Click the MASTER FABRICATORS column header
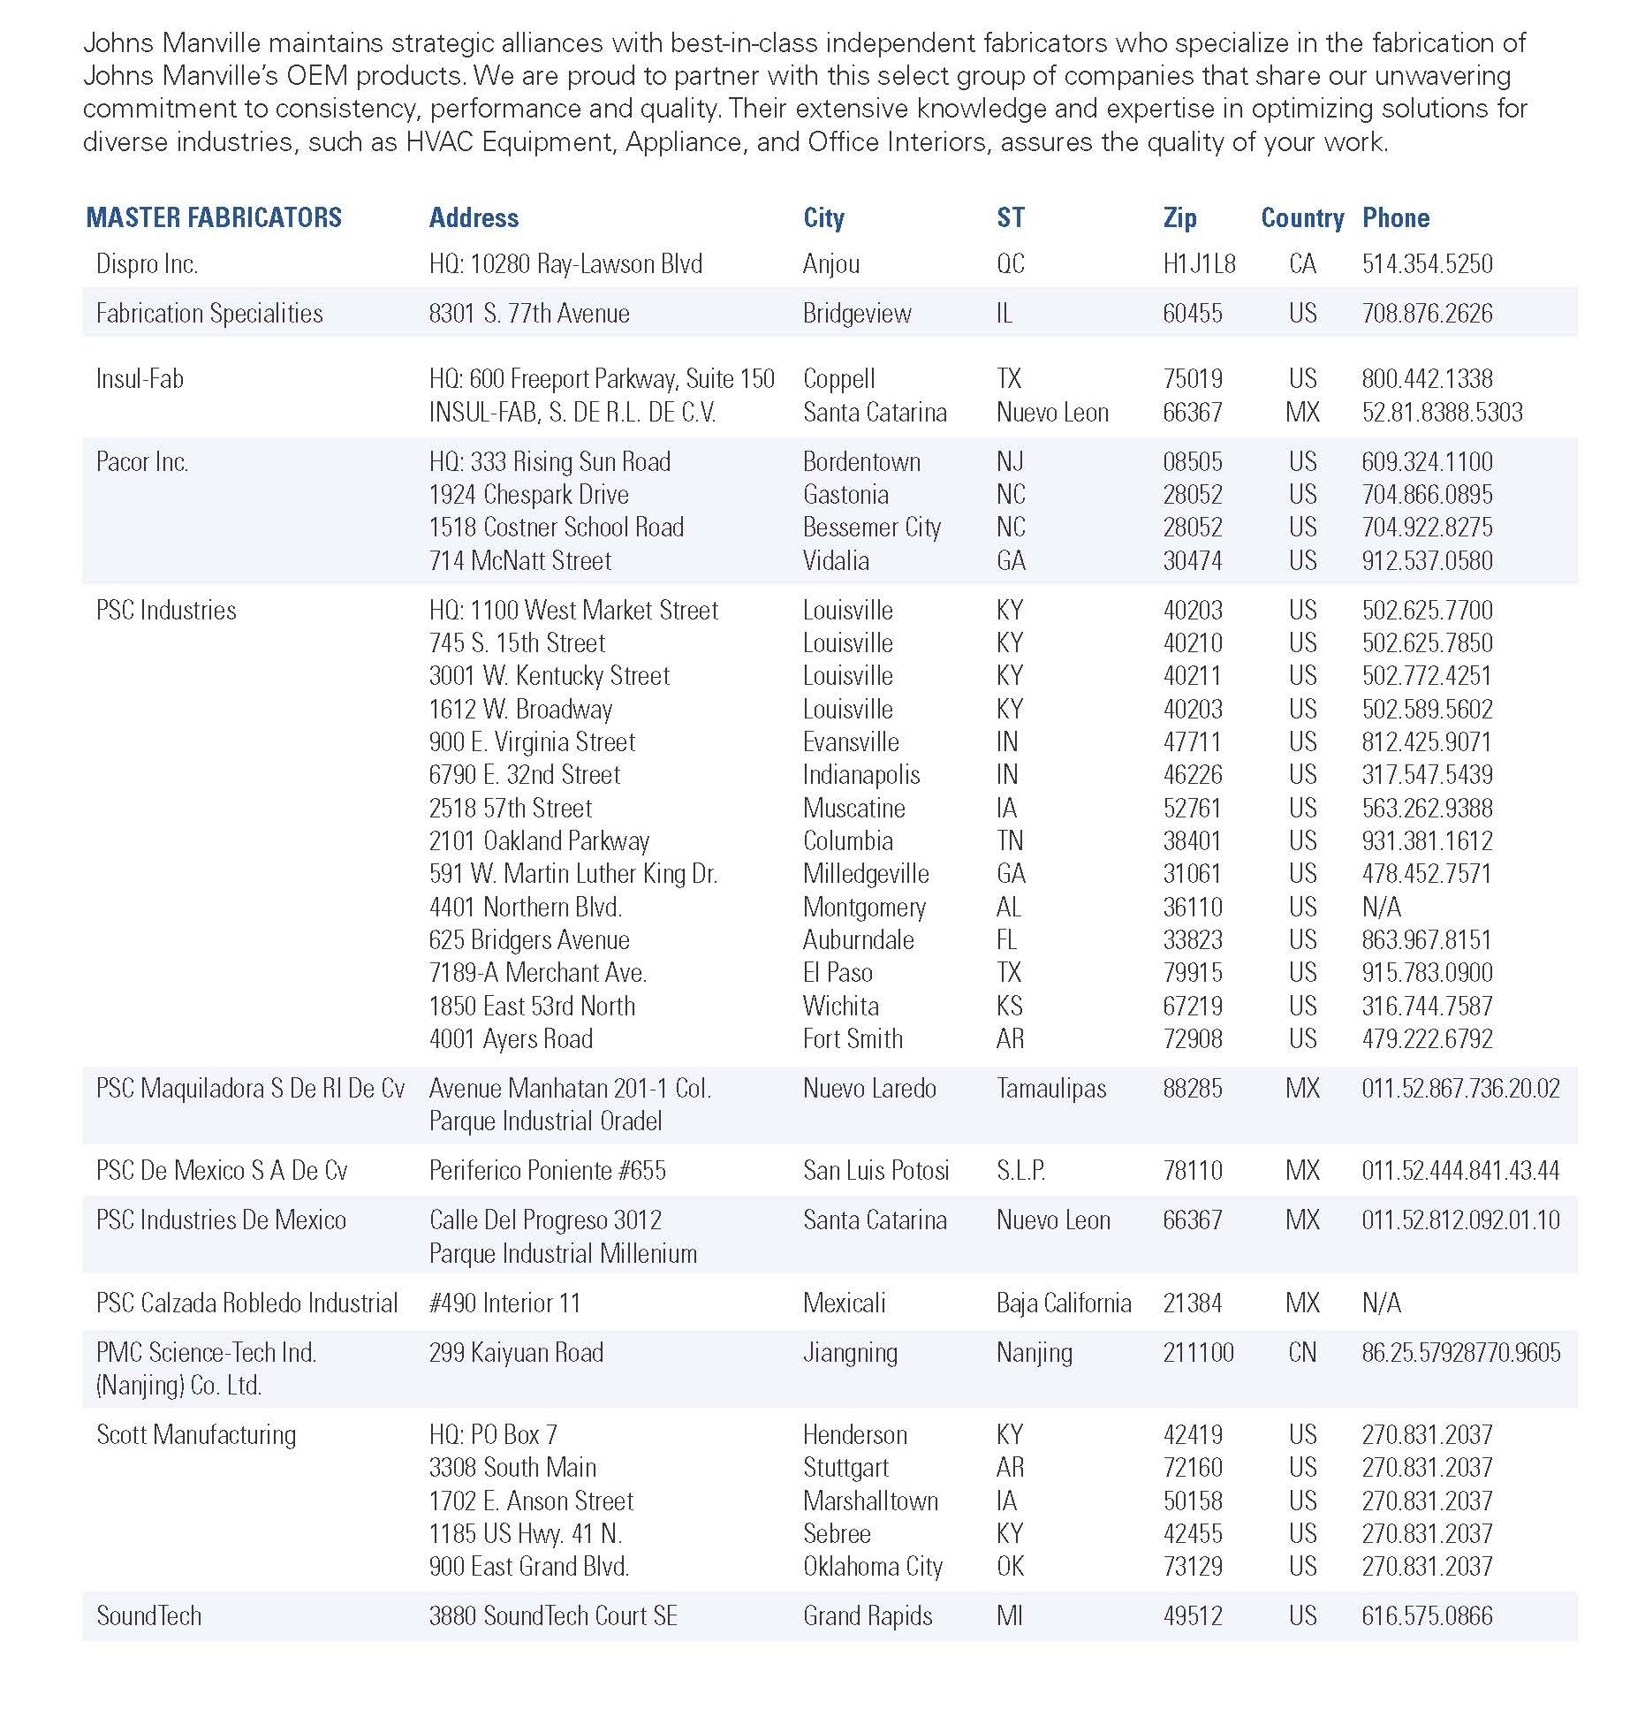(x=214, y=217)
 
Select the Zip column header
(x=1179, y=217)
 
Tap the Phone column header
(x=1395, y=217)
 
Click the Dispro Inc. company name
(x=147, y=264)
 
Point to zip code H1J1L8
(x=1199, y=264)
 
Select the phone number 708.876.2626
(x=1427, y=314)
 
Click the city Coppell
(x=838, y=379)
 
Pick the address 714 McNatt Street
(x=519, y=560)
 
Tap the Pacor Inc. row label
(x=142, y=462)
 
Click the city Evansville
(x=851, y=742)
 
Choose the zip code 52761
(x=1192, y=808)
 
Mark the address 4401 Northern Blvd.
(x=525, y=907)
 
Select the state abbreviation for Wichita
(x=1009, y=1006)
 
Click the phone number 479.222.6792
(x=1427, y=1039)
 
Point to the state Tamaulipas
(x=1050, y=1089)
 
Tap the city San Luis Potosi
(x=876, y=1171)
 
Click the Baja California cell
(x=1064, y=1303)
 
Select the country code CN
(x=1302, y=1353)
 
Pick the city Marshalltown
(x=870, y=1501)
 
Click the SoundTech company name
(x=148, y=1616)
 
